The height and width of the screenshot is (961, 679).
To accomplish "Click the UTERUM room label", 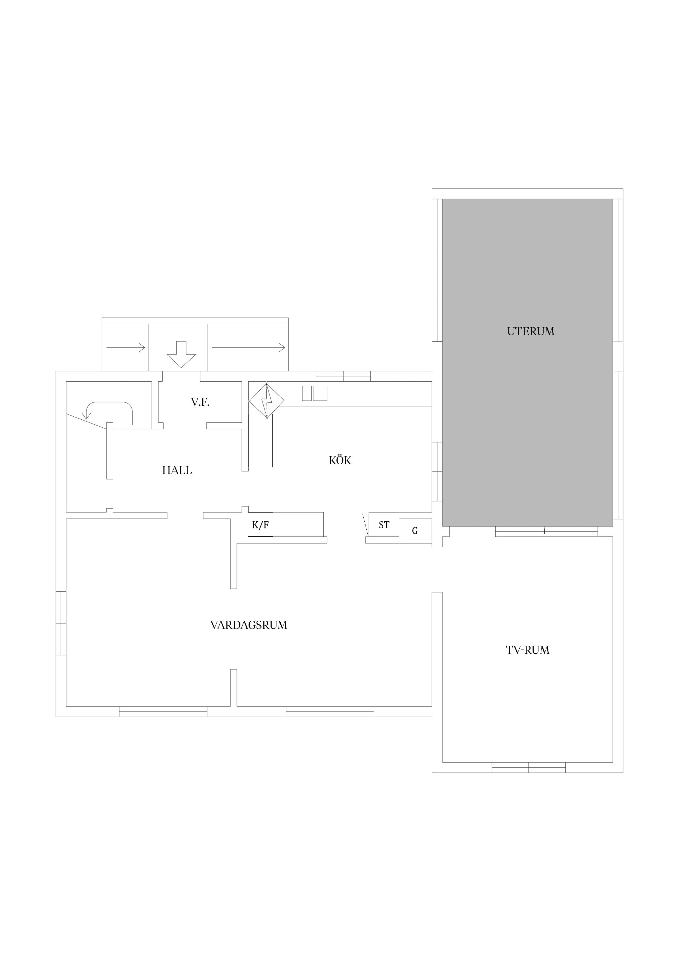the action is coord(531,331).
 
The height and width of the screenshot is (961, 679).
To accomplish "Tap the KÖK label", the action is coord(340,461).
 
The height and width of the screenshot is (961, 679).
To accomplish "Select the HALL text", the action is coord(177,470).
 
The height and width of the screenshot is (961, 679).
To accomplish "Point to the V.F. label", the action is coord(200,402).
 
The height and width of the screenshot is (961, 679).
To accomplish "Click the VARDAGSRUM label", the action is coord(249,625).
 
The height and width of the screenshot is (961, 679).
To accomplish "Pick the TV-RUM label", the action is coord(528,650).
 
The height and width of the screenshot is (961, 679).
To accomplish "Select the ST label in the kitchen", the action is coord(384,525).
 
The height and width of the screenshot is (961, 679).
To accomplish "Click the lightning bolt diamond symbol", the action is coord(266,401).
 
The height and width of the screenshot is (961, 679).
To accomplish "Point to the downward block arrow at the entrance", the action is coord(181,354).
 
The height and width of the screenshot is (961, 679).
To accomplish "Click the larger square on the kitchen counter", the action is coord(320,393).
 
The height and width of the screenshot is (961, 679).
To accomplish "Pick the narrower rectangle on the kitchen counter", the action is coord(307,393).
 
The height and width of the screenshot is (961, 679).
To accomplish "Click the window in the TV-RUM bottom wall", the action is coord(528,767).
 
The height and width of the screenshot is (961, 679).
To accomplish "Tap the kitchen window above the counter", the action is coord(343,376).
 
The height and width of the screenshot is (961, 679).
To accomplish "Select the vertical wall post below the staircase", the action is coord(110,451).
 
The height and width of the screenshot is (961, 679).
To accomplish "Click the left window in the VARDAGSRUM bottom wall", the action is coord(163,711).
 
